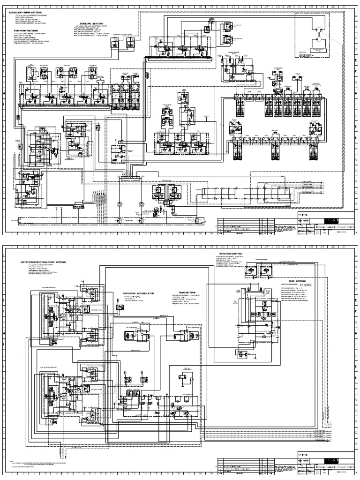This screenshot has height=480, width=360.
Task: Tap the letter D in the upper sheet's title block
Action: pyautogui.click(x=309, y=231)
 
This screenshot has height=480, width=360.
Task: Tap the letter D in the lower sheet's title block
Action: pyautogui.click(x=309, y=471)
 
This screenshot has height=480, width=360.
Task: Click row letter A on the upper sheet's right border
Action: pyautogui.click(x=356, y=226)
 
